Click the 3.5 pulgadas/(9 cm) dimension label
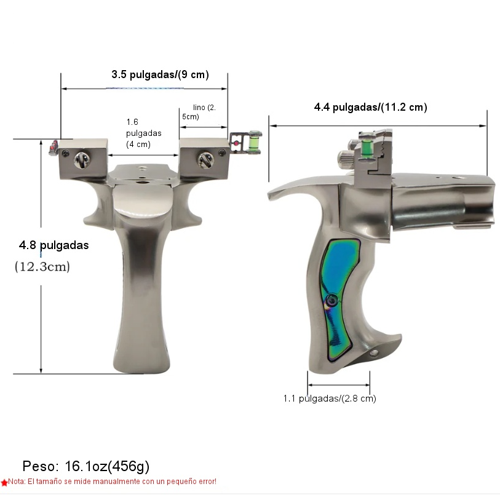click(x=160, y=74)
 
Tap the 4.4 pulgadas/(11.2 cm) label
click(x=370, y=107)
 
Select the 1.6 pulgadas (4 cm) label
click(x=143, y=133)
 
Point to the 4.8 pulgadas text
click(x=54, y=245)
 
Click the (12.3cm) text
click(x=42, y=266)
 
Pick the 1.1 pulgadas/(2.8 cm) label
click(x=330, y=399)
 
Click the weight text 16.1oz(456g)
click(x=107, y=466)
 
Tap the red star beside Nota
click(x=4, y=482)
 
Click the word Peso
click(x=41, y=466)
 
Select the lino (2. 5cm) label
click(x=199, y=112)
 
